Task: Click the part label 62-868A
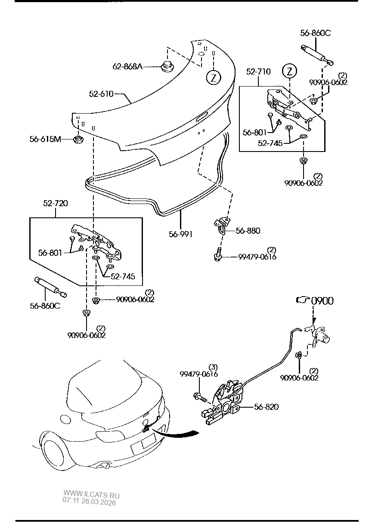click(x=127, y=67)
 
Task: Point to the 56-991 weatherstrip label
click(x=180, y=234)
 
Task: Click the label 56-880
click(x=248, y=231)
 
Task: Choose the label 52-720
click(x=55, y=203)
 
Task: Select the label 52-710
click(x=258, y=71)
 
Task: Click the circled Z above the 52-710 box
click(x=289, y=71)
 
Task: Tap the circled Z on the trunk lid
click(x=214, y=77)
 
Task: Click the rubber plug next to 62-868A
click(x=167, y=67)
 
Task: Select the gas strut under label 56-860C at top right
click(x=317, y=56)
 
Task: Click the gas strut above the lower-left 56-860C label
click(x=50, y=287)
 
